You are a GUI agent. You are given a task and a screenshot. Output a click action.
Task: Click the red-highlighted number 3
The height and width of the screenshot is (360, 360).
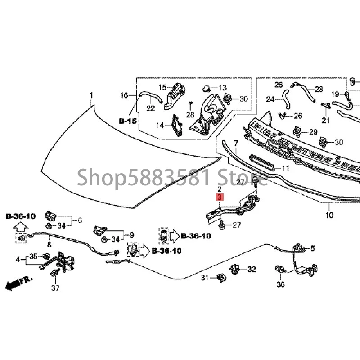(x=219, y=197)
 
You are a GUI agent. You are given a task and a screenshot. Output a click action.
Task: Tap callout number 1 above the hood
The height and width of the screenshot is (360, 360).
(x=91, y=95)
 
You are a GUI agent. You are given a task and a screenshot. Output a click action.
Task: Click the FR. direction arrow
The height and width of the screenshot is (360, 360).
(x=18, y=283)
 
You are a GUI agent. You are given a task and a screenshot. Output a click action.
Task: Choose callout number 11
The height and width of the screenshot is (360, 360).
(x=286, y=168)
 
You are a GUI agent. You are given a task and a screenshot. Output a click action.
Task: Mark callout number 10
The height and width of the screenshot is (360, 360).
(x=329, y=215)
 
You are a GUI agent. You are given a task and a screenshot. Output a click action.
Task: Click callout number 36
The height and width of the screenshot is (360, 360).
(x=281, y=284)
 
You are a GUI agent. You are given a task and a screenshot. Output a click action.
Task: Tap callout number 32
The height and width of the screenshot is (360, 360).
(x=252, y=269)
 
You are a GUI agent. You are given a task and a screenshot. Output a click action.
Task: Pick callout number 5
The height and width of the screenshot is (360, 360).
(x=313, y=247)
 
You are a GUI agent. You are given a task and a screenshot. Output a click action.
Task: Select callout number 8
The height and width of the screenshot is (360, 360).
(x=49, y=244)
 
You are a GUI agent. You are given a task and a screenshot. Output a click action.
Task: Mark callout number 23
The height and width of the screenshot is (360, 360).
(x=319, y=89)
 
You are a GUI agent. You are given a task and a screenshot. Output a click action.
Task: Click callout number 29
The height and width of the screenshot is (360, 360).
(x=313, y=132)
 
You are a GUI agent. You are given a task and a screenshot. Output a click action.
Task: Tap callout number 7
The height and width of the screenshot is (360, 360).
(x=235, y=143)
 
